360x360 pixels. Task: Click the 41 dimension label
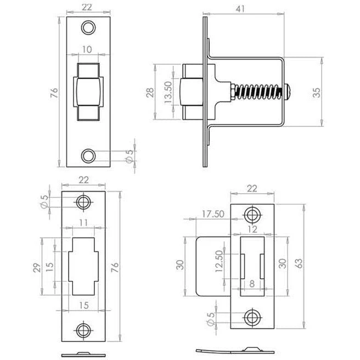point(240,9)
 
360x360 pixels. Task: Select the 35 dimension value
point(317,93)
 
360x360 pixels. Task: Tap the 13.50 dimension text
point(168,92)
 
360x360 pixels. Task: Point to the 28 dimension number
point(150,93)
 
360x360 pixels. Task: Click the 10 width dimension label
point(87,49)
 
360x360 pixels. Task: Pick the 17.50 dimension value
point(213,214)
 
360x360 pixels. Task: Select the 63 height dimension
point(299,263)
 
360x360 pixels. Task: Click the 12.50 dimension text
point(219,261)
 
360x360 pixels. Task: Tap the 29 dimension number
point(37,267)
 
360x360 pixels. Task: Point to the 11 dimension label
point(83,223)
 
